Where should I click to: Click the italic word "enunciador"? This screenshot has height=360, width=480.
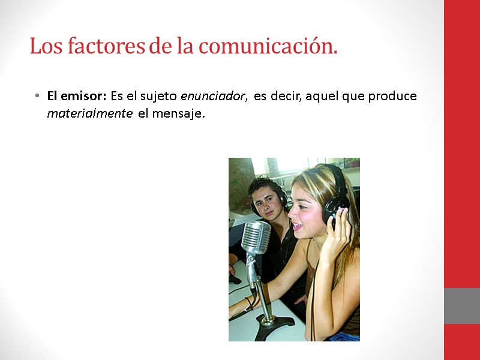(214, 96)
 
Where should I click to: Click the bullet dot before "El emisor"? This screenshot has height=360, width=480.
(37, 97)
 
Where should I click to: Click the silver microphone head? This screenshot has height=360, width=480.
(256, 237)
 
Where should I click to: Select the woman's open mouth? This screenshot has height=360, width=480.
(297, 226)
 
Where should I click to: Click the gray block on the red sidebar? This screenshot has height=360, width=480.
(461, 306)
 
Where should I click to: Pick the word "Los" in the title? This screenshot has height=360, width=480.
(43, 46)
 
